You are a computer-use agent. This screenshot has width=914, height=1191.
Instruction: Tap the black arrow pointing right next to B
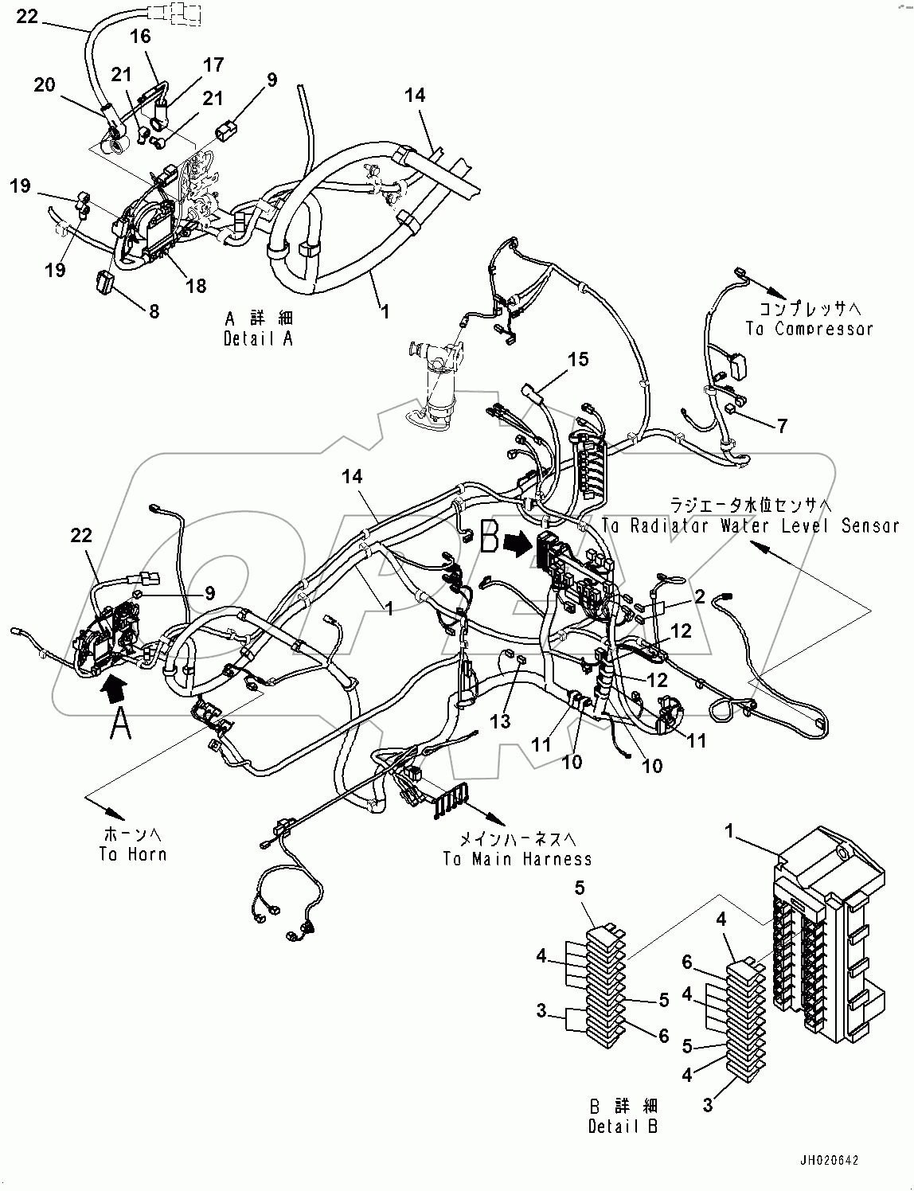[x=522, y=547]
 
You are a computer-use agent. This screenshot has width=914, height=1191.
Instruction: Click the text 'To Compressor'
[x=809, y=328]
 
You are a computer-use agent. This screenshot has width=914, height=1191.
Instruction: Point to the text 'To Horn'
[x=133, y=854]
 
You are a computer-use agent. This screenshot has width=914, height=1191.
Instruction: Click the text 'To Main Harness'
[x=518, y=858]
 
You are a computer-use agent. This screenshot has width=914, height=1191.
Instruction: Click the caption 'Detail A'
[x=259, y=338]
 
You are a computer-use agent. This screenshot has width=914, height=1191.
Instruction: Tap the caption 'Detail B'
[x=623, y=1126]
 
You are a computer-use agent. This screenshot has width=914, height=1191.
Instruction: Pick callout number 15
[x=578, y=359]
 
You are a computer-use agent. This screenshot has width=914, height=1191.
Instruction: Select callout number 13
[x=499, y=720]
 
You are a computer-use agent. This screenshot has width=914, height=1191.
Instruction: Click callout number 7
[x=782, y=426]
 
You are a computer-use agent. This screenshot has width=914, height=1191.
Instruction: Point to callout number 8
[x=154, y=310]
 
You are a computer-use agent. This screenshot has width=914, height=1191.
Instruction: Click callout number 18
[x=197, y=286]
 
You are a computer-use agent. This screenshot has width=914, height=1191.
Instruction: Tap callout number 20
[x=45, y=84]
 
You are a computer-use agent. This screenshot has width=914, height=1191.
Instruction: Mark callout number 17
[x=213, y=64]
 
